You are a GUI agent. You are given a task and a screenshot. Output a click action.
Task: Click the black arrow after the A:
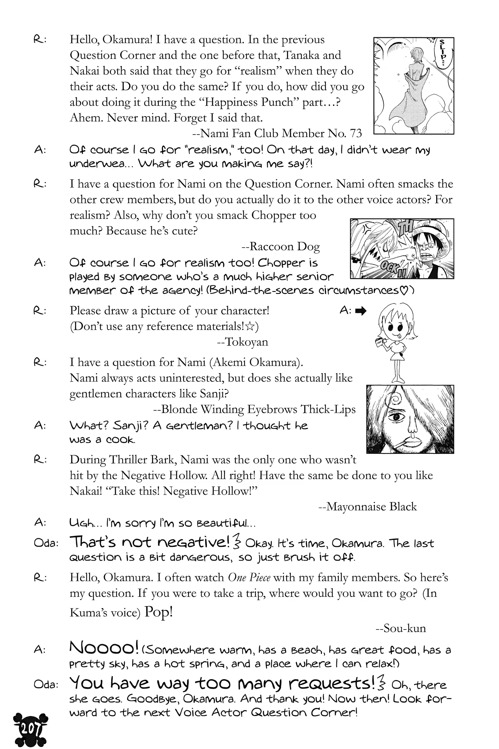[x=361, y=311]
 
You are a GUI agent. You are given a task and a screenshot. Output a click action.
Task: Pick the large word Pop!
[x=159, y=612]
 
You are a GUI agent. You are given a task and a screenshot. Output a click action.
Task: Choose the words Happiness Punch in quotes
[x=249, y=102]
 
